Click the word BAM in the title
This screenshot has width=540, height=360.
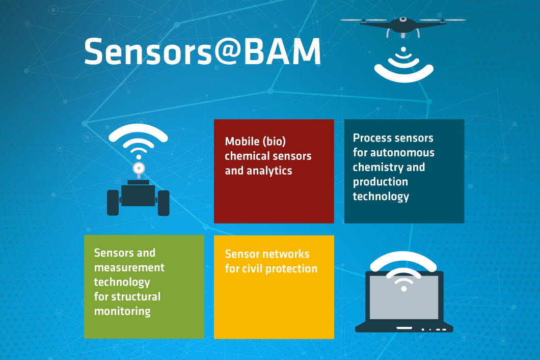282,51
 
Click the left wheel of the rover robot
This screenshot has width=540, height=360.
113,203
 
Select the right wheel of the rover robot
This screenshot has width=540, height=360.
164,203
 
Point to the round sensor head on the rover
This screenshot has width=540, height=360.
139,169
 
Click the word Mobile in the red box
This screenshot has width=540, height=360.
242,141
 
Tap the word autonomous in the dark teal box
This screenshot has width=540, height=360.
402,152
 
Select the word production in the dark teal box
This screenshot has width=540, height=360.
380,182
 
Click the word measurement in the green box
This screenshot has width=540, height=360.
129,267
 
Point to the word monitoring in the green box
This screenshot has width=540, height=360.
122,312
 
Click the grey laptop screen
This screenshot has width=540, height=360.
403,298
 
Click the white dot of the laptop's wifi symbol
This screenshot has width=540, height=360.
403,289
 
